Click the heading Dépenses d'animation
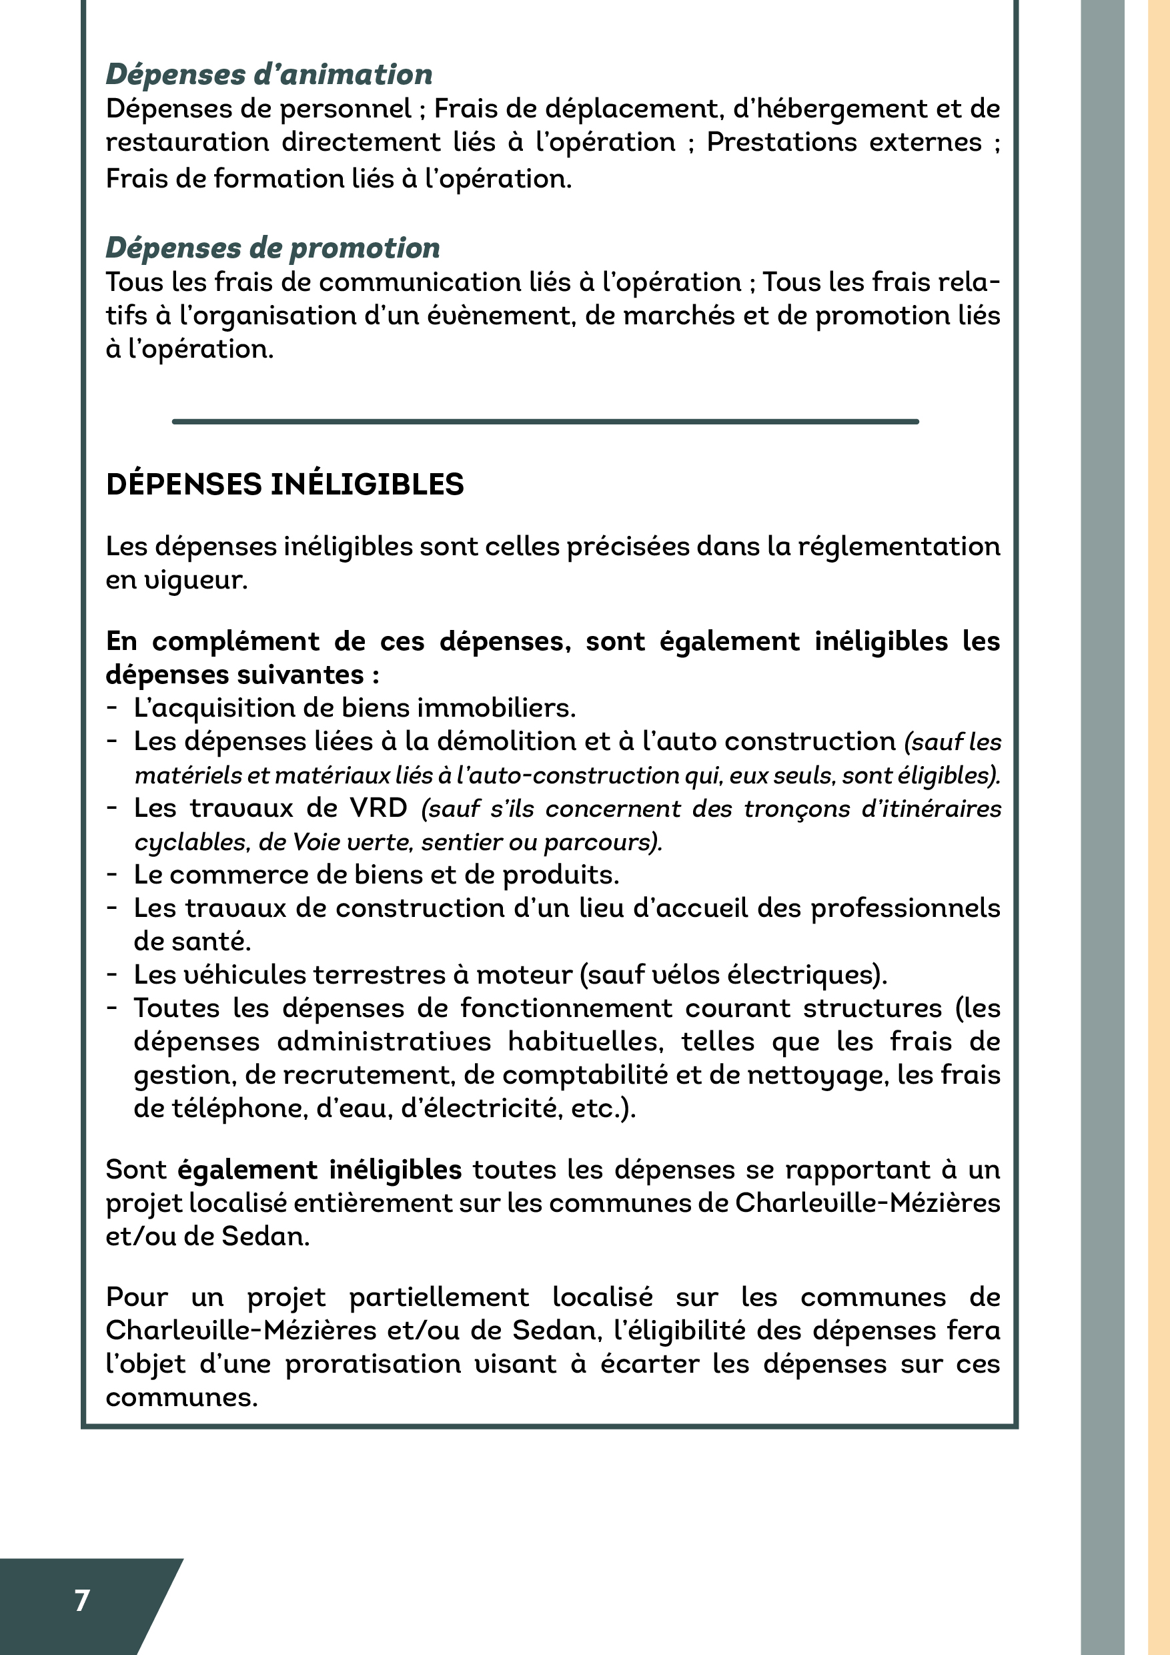269,74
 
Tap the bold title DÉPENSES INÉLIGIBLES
285,484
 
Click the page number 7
82,1600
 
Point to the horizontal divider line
546,421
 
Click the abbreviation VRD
378,808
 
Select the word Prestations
781,142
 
